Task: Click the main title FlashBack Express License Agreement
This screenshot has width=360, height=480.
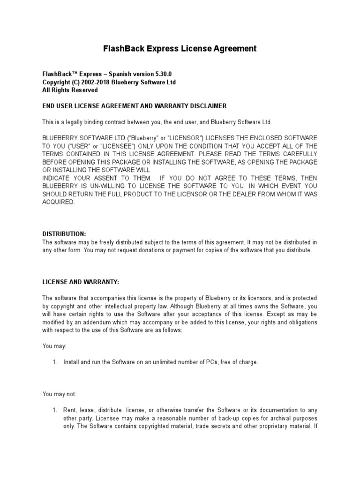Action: coord(180,49)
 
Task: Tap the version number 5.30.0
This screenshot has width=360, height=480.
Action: coord(154,74)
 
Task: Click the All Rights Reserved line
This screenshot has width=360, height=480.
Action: coord(70,90)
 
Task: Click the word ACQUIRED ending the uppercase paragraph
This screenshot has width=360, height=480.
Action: coord(58,202)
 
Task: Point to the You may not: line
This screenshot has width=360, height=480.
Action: coord(59,394)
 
